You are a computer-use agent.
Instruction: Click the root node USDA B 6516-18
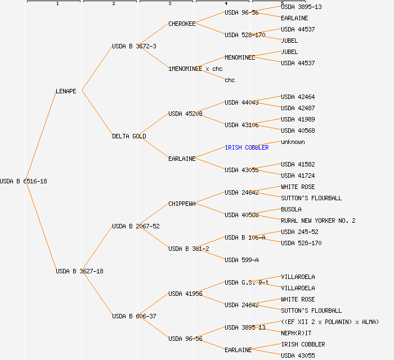pyautogui.click(x=24, y=181)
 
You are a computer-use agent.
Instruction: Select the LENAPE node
pyautogui.click(x=66, y=91)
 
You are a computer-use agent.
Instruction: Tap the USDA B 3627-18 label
pyautogui.click(x=79, y=271)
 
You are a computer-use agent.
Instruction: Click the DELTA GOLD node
pyautogui.click(x=129, y=136)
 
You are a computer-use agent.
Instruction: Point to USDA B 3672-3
pyautogui.click(x=134, y=46)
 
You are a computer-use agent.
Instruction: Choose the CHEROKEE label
pyautogui.click(x=182, y=24)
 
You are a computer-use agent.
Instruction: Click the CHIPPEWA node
pyautogui.click(x=182, y=204)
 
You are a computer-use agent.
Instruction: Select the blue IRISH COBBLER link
pyautogui.click(x=247, y=147)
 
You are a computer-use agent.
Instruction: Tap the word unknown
pyautogui.click(x=293, y=142)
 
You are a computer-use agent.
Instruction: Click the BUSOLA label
pyautogui.click(x=291, y=209)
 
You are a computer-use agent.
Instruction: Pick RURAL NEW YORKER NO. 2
pyautogui.click(x=318, y=220)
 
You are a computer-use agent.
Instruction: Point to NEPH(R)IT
pyautogui.click(x=296, y=333)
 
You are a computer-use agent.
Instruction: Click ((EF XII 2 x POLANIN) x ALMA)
pyautogui.click(x=330, y=322)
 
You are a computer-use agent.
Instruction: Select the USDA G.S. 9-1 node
pyautogui.click(x=246, y=282)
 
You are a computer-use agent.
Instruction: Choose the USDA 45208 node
pyautogui.click(x=185, y=114)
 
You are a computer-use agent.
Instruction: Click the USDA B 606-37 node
pyautogui.click(x=134, y=316)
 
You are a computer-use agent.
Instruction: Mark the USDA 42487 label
pyautogui.click(x=298, y=108)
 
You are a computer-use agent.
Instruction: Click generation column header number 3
pyautogui.click(x=169, y=4)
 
